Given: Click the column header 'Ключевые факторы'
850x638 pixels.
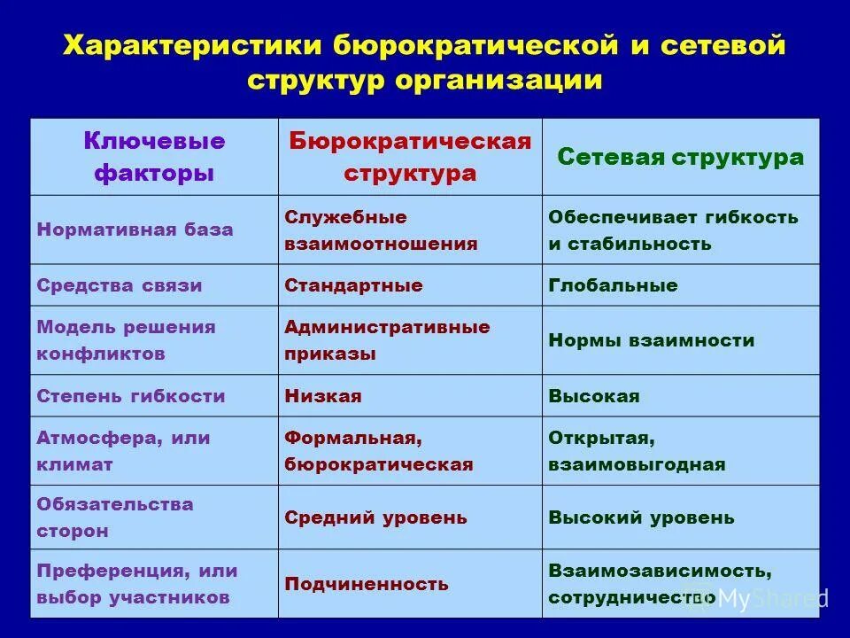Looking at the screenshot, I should point(154,156).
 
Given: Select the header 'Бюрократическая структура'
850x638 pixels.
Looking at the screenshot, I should point(410,157).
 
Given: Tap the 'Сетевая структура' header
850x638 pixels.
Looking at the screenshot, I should point(680,158).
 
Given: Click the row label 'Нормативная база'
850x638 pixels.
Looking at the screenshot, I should point(135,230).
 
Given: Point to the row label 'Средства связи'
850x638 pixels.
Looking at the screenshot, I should point(120,285).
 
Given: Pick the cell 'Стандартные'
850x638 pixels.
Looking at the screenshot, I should point(353,285).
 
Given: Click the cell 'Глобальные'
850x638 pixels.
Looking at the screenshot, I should point(613,285).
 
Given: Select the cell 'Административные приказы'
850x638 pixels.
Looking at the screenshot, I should point(387,339).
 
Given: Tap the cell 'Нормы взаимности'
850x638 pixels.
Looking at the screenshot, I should point(651,340).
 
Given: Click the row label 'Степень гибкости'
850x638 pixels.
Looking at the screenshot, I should point(131,396).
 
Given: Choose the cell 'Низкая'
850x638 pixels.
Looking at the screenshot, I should point(322,396).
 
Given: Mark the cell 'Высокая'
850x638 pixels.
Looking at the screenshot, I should point(593,396).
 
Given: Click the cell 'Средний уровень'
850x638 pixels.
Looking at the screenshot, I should point(375,517).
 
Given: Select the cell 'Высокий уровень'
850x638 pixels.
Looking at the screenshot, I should point(641,517).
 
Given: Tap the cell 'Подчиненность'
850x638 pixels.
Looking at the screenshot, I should point(367,584).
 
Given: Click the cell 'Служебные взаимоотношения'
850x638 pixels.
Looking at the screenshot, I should point(381,230).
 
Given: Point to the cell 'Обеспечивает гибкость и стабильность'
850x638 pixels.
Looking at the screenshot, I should point(673,230).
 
